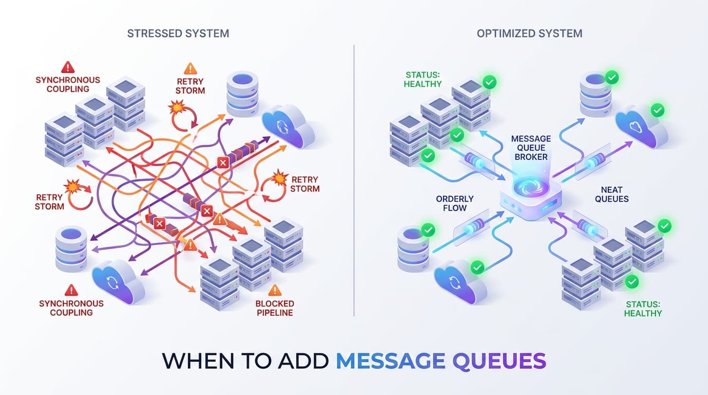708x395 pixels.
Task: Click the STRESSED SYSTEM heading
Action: coord(178,33)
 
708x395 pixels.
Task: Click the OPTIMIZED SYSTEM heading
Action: coord(529,33)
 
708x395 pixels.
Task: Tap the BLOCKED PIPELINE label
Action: coord(275,308)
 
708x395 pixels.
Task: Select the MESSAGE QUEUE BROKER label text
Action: coord(531,148)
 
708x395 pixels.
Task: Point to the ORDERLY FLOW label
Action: coord(454,203)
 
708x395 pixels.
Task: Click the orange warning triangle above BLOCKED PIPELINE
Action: coord(275,290)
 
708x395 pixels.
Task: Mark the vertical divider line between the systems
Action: coord(354,180)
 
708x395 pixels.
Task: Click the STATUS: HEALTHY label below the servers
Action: coord(643,308)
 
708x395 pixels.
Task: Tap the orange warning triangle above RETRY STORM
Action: coord(190,68)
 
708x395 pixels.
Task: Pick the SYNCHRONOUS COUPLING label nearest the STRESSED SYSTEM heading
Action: coord(68,84)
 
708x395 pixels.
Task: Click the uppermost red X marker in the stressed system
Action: coord(223,163)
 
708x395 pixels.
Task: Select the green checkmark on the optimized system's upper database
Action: coord(612,78)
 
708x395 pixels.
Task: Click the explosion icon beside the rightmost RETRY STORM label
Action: coord(279,177)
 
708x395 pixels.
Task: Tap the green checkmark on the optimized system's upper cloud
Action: coord(657,110)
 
